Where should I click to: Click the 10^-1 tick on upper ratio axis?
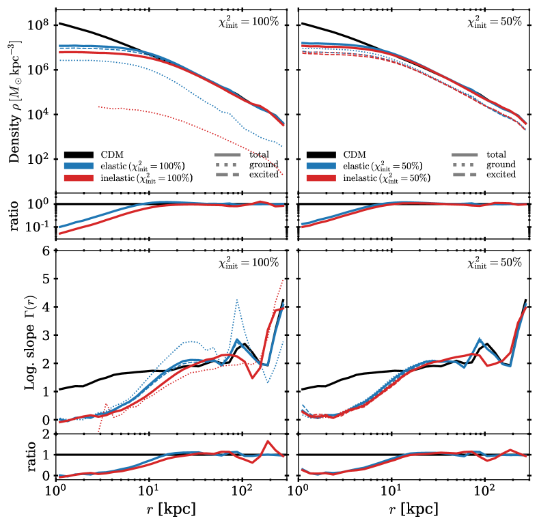pyautogui.click(x=36, y=226)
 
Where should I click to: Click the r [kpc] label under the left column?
pyautogui.click(x=170, y=509)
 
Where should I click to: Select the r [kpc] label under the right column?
pyautogui.click(x=415, y=509)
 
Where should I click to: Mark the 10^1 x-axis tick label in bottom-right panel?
pyautogui.click(x=391, y=491)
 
